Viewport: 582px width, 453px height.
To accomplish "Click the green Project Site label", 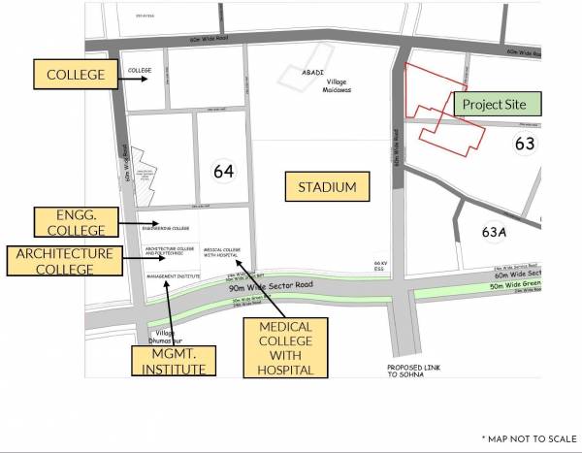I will [496, 104].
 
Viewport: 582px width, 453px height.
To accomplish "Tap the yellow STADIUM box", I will [328, 187].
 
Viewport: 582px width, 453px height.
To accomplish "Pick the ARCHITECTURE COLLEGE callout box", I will [64, 261].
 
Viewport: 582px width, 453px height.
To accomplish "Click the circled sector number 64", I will [223, 171].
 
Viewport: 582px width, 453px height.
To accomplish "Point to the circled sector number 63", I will [525, 144].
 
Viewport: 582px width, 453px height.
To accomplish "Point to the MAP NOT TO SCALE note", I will [528, 438].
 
